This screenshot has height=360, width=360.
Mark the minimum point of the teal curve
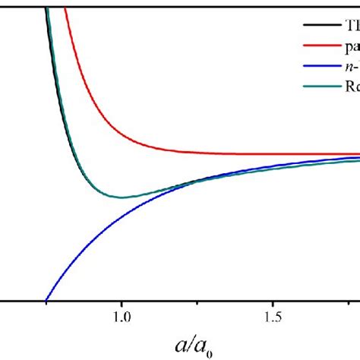click(122, 197)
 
